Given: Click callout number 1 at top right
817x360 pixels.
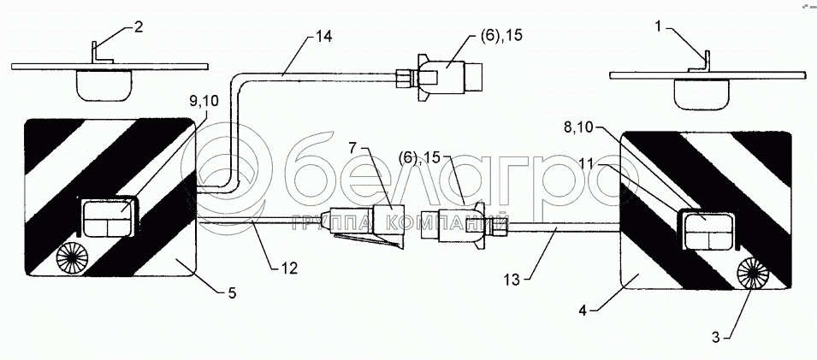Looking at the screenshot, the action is [x=658, y=27].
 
